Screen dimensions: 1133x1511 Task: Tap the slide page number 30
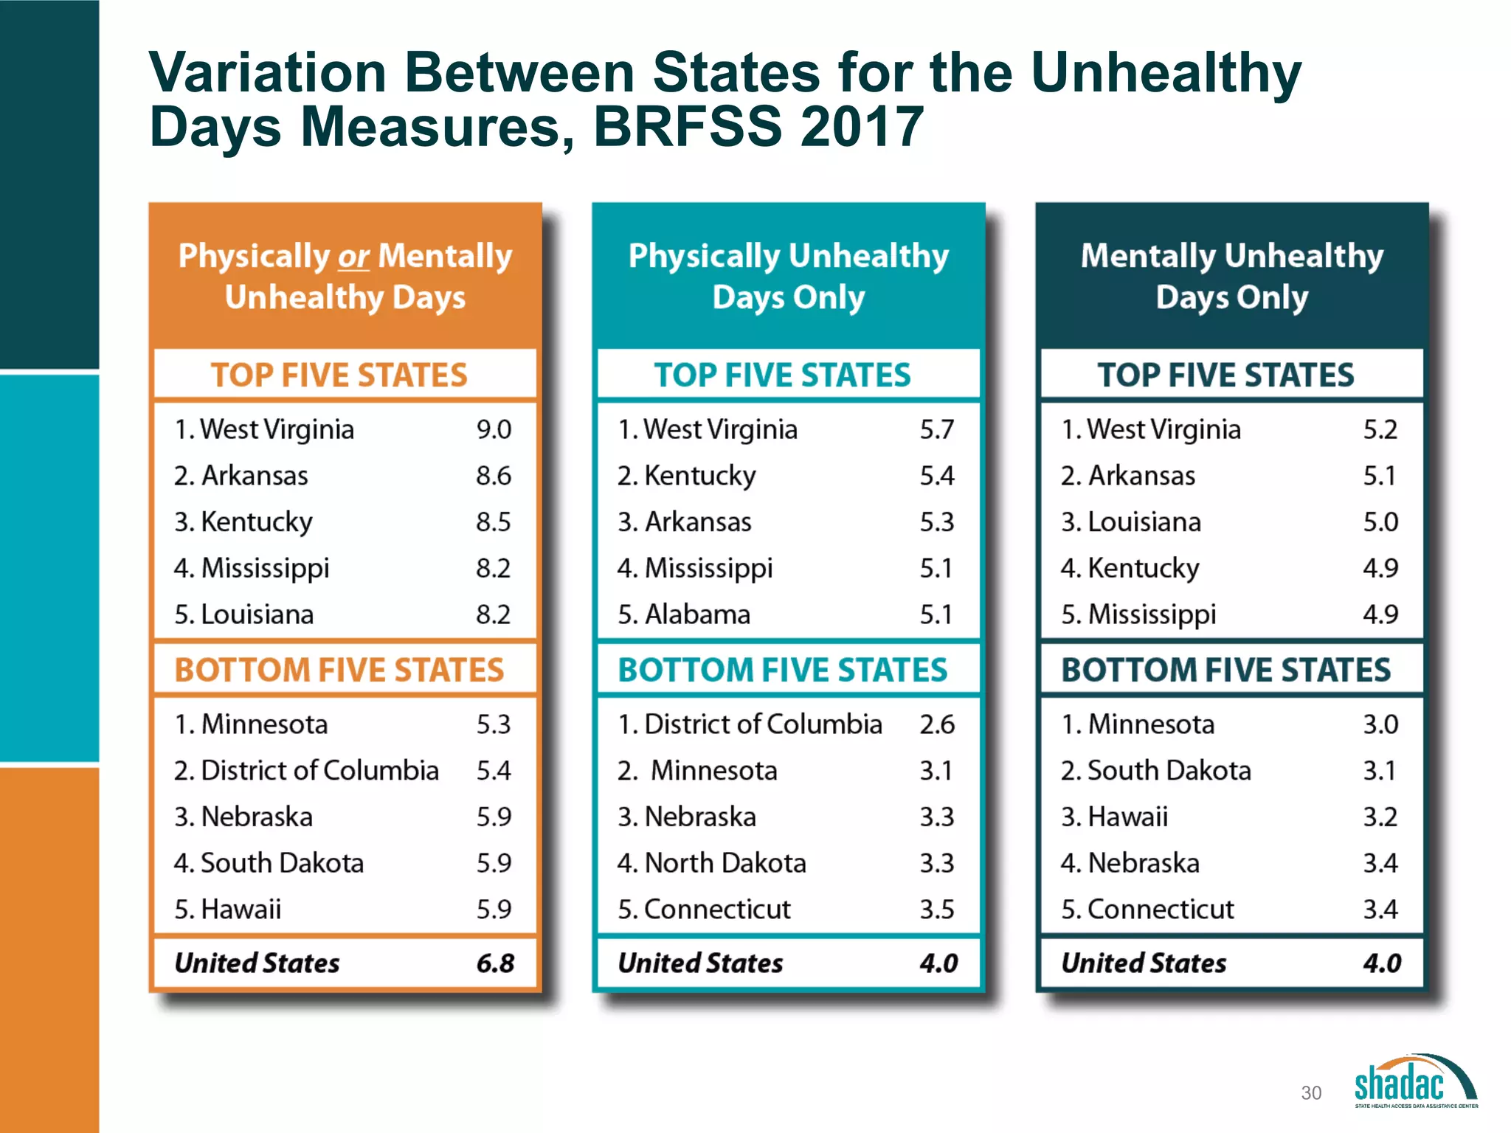(x=1311, y=1092)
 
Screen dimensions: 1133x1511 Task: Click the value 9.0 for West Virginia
(x=494, y=429)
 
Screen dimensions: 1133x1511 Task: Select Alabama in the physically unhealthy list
(x=696, y=614)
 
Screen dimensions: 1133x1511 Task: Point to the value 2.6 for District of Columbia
(x=937, y=724)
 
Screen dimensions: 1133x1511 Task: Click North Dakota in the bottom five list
(x=725, y=863)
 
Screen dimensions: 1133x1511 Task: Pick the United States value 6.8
(x=495, y=963)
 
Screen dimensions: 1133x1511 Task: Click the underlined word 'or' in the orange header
(x=353, y=257)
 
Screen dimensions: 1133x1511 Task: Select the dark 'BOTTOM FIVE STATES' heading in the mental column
(x=1225, y=671)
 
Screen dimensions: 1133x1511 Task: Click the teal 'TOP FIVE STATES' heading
(x=782, y=375)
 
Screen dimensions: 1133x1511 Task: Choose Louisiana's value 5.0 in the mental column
(x=1380, y=522)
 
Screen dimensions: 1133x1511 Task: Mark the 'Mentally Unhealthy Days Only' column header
(x=1231, y=276)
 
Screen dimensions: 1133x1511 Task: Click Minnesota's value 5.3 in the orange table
(x=494, y=724)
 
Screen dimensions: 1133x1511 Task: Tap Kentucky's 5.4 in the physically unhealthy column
(x=937, y=476)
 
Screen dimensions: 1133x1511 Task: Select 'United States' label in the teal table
(x=700, y=963)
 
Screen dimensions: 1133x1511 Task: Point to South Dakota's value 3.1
(x=1380, y=771)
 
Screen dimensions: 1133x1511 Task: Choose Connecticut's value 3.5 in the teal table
(x=937, y=909)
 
